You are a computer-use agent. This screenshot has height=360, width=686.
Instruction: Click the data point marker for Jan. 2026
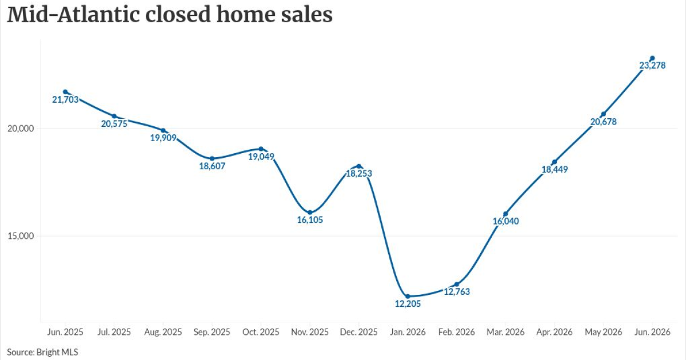tap(408, 297)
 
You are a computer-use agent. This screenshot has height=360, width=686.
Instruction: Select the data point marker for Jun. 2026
tap(652, 58)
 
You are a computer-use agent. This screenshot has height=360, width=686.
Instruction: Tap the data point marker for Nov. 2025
tap(310, 213)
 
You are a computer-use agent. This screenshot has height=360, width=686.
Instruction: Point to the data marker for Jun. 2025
tap(65, 92)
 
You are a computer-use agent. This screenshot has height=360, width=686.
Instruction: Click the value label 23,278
tap(652, 66)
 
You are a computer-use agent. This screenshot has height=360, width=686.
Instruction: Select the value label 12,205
tap(408, 303)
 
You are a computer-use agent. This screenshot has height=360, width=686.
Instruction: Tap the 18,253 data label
tap(359, 174)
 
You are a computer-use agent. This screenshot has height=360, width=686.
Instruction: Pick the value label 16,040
tap(505, 221)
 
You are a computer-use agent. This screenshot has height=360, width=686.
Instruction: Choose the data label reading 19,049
tap(261, 157)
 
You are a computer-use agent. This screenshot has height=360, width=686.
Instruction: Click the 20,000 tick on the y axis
tap(21, 128)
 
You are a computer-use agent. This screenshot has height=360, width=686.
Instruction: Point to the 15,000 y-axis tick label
tap(21, 236)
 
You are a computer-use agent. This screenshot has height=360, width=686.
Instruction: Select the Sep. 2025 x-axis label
tap(212, 332)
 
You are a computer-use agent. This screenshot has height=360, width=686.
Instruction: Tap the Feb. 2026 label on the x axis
tap(457, 332)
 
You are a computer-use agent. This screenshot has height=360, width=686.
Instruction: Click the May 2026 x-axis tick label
tap(603, 332)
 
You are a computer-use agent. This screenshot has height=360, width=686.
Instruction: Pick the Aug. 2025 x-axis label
tap(163, 332)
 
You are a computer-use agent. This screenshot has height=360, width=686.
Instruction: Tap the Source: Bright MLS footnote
tap(42, 352)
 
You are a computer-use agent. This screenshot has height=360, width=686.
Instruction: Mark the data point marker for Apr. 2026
tap(555, 162)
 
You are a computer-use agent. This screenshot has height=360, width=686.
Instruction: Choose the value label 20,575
tap(114, 123)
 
